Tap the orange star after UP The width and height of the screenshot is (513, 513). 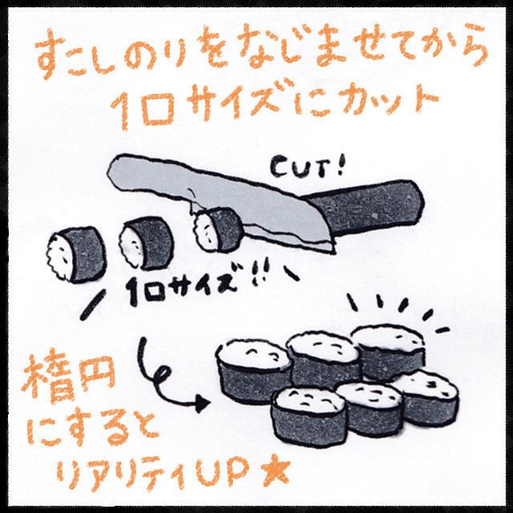[x=276, y=473]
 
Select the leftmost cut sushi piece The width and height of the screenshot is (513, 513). [x=76, y=254]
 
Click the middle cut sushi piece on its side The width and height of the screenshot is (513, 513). [x=146, y=242]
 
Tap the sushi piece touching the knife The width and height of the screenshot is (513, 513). [x=218, y=229]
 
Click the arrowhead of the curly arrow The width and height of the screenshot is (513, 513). [x=203, y=404]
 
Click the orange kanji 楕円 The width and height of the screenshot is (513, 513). [x=69, y=380]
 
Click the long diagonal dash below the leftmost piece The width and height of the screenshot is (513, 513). [x=93, y=305]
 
